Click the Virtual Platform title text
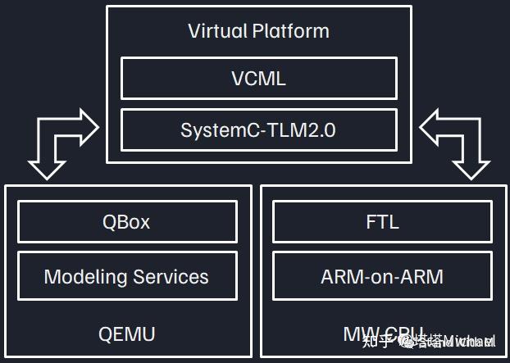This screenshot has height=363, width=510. tap(258, 32)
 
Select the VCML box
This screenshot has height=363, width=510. tap(258, 79)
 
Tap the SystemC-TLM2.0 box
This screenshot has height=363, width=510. tap(258, 130)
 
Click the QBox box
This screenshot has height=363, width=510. tap(126, 222)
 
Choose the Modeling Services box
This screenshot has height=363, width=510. tap(126, 276)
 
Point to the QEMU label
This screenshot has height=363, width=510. tap(126, 334)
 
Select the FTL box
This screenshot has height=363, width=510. tap(381, 222)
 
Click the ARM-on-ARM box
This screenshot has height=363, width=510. tap(381, 276)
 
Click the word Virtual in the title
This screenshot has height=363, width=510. tap(216, 32)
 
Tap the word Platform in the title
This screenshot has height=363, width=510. tap(289, 32)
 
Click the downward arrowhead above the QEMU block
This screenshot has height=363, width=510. tap(48, 168)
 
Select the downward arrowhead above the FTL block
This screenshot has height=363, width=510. tap(470, 168)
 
